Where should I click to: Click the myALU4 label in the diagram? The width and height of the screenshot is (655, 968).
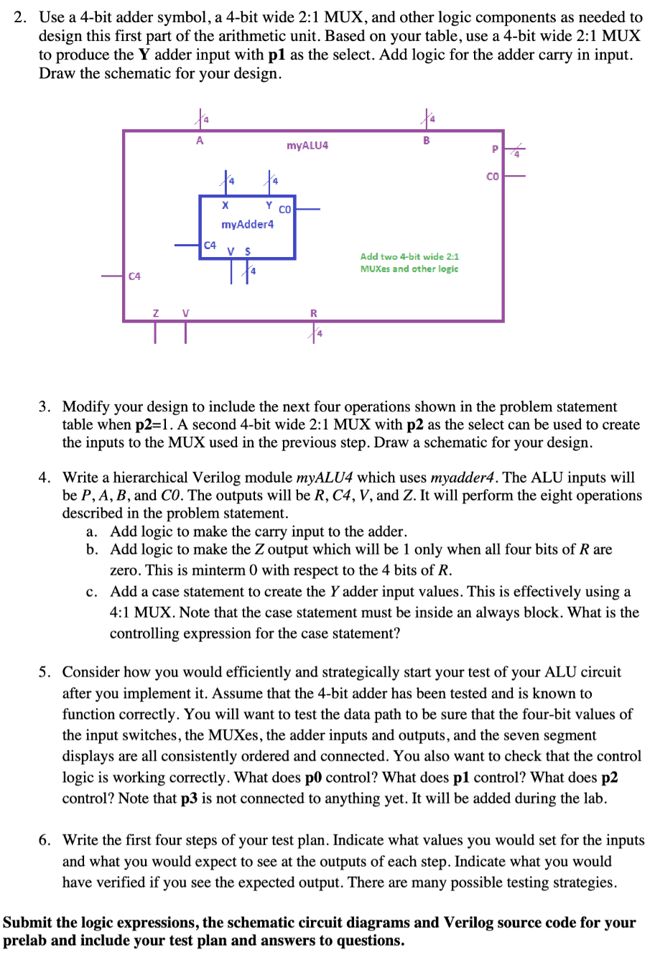point(307,146)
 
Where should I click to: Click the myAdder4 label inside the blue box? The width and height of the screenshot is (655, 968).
point(247,224)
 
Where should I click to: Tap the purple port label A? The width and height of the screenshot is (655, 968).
point(200,141)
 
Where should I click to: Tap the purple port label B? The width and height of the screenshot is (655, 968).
point(426,141)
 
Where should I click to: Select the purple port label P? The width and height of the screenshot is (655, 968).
point(494,149)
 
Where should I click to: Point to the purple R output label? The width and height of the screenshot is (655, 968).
point(313,313)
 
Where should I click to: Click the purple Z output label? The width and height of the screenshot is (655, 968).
point(155,312)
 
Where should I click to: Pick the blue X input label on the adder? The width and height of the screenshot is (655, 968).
point(225,205)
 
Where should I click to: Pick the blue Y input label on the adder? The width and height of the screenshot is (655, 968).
point(269,205)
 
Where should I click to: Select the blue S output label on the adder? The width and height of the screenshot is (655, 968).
point(248,251)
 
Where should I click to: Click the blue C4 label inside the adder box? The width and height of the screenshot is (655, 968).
point(210,245)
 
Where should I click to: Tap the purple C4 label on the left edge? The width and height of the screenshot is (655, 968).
point(134,276)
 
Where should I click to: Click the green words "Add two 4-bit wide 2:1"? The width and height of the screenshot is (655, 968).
point(409,256)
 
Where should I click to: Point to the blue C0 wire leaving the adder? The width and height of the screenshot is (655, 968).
point(307,210)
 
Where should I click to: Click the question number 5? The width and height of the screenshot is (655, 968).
point(45,672)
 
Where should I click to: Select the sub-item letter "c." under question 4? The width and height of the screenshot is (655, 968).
point(91,592)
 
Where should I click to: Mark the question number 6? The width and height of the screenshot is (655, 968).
point(45,840)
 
